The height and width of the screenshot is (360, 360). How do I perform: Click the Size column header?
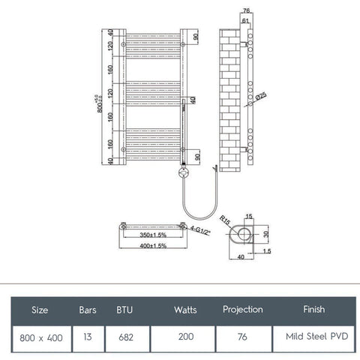42,309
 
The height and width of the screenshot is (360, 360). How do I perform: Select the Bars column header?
88,309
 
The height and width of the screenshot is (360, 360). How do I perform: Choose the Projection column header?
243,309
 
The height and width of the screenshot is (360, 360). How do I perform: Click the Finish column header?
313,309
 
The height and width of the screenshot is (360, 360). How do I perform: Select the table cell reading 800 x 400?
42,337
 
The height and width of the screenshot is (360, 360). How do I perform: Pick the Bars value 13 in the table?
88,337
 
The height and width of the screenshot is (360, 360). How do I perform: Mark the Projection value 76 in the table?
243,337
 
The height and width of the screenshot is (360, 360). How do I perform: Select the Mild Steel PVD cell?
313,337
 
